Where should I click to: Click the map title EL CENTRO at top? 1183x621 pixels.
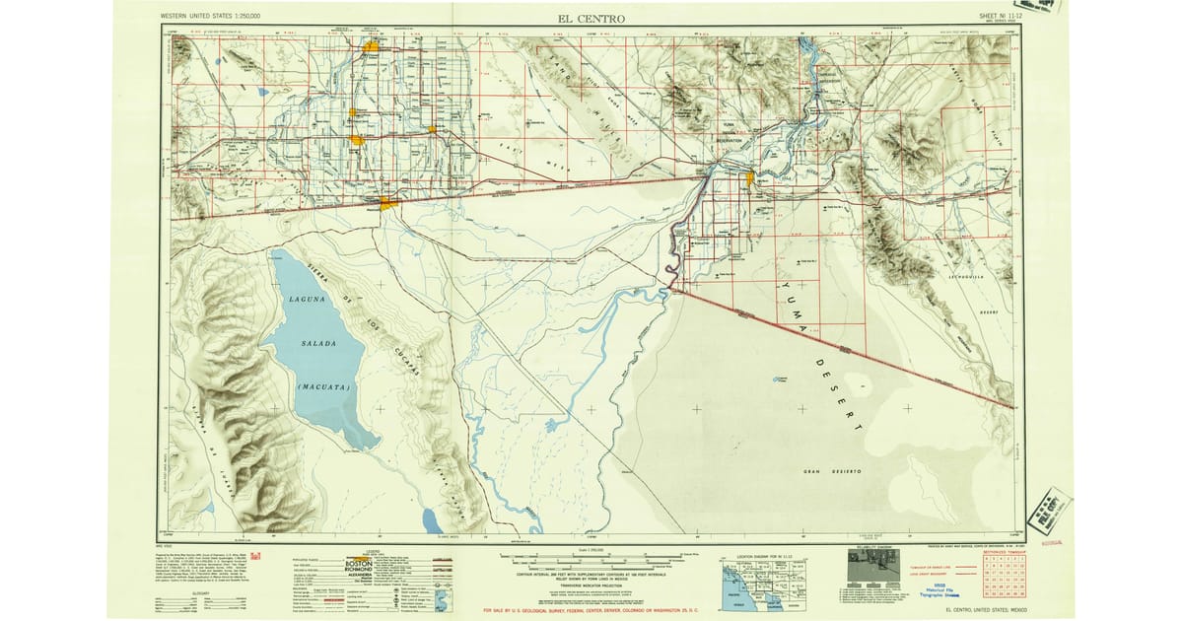[x=591, y=19]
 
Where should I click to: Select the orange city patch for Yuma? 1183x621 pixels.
[x=750, y=178]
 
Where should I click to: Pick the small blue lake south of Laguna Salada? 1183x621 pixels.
[x=431, y=518]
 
